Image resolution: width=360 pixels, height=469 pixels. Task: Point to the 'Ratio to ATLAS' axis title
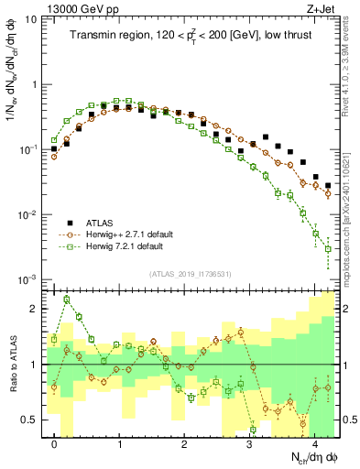pos(12,362)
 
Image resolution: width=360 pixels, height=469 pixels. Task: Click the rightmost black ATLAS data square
pos(328,185)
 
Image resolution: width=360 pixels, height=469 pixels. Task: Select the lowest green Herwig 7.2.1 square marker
pos(328,263)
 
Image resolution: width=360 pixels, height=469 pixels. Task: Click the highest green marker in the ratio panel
pos(67,300)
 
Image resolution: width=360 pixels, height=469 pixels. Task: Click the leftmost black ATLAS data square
pos(54,148)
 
